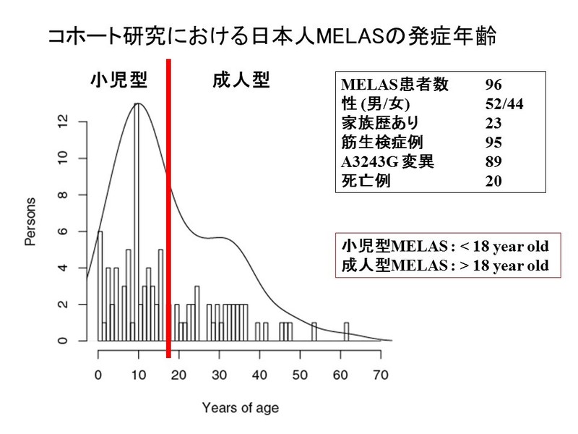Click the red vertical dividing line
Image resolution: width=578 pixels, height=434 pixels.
[x=168, y=210]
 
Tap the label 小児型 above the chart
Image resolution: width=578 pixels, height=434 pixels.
[x=118, y=80]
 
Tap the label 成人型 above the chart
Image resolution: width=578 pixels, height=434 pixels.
[x=241, y=80]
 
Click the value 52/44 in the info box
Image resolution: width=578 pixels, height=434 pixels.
[x=504, y=104]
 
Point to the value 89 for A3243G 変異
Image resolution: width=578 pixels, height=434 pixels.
[x=494, y=161]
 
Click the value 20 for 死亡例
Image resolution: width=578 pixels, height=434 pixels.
[x=494, y=181]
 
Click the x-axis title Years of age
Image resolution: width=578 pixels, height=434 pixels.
[x=240, y=407]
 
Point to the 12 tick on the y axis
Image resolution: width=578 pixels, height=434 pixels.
[x=63, y=122]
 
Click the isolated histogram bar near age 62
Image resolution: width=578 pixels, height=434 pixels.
[x=347, y=331]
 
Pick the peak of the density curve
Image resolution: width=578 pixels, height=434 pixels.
[x=137, y=103]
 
